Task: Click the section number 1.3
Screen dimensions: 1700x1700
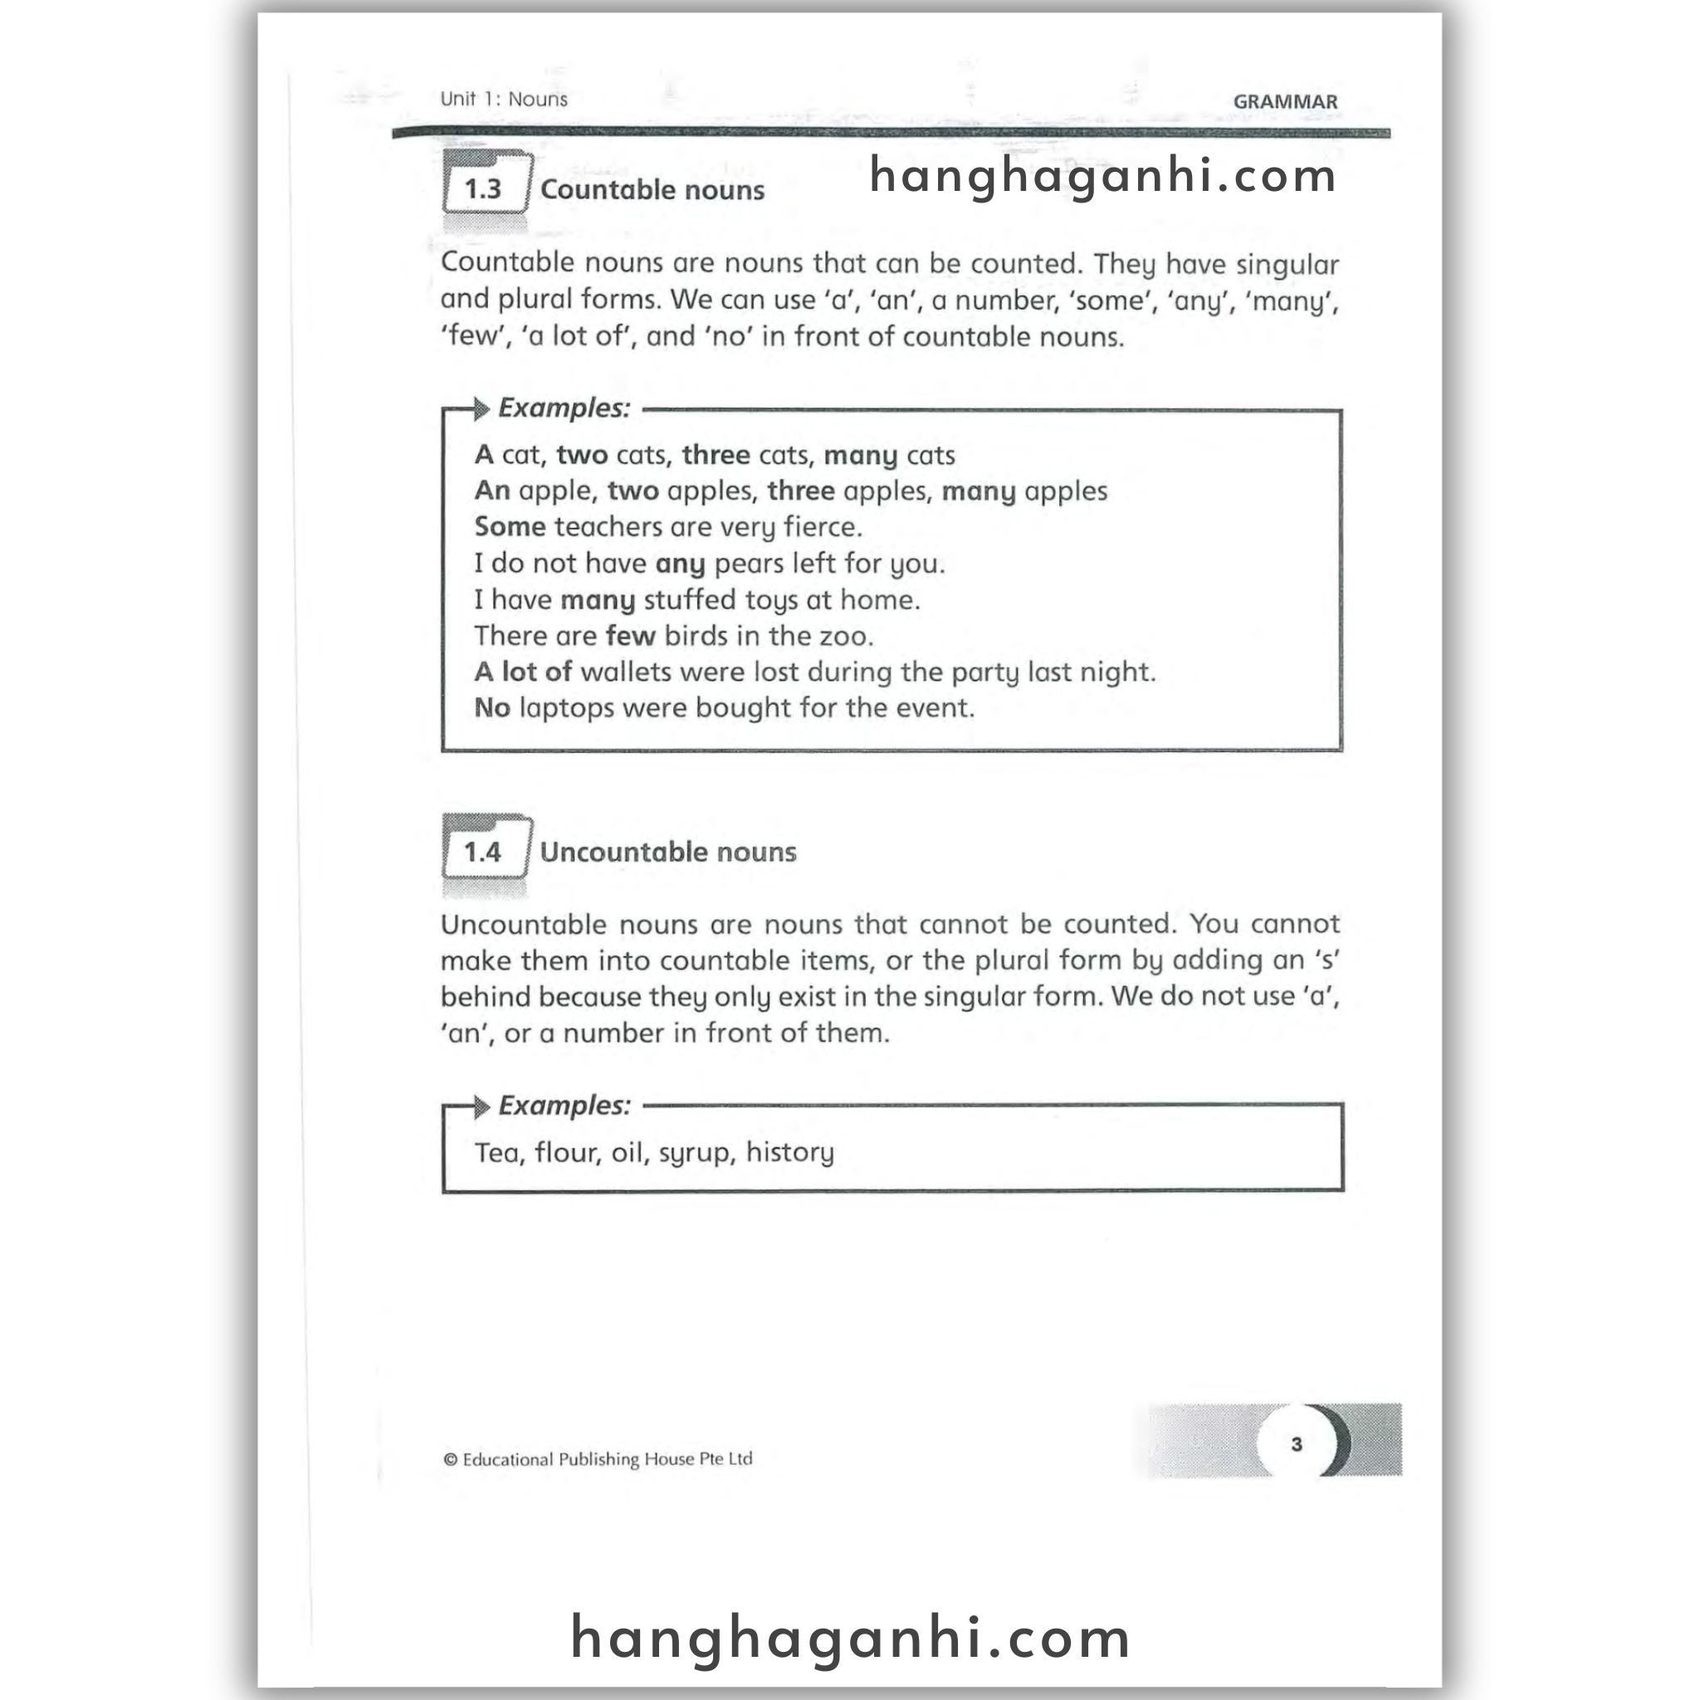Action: pyautogui.click(x=482, y=189)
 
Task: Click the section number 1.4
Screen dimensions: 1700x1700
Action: pyautogui.click(x=482, y=852)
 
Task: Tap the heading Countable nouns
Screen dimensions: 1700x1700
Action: pyautogui.click(x=652, y=190)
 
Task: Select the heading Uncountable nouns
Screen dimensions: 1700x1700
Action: pyautogui.click(x=668, y=852)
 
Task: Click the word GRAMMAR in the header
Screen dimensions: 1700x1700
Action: pyautogui.click(x=1285, y=102)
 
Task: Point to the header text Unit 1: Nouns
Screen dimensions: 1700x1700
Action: pyautogui.click(x=503, y=99)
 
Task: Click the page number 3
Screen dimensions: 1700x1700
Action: pyautogui.click(x=1296, y=1444)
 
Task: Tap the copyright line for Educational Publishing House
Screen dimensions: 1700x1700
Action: pyautogui.click(x=598, y=1459)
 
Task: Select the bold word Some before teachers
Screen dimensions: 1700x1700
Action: pyautogui.click(x=510, y=527)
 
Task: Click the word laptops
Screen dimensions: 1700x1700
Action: pyautogui.click(x=566, y=708)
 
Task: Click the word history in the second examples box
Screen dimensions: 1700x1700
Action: pyautogui.click(x=789, y=1153)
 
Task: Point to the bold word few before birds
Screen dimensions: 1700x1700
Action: pyautogui.click(x=630, y=636)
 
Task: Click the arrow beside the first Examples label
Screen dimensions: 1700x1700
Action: pyautogui.click(x=480, y=409)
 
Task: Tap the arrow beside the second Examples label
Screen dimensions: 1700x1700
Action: pyautogui.click(x=481, y=1107)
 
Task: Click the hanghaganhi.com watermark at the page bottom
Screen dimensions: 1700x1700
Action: pyautogui.click(x=850, y=1639)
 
